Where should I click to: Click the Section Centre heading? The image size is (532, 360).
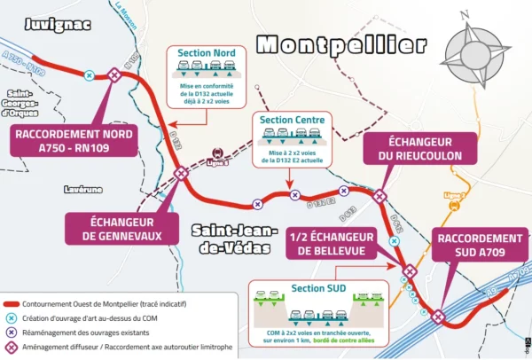291,120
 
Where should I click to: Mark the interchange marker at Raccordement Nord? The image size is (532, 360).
113,76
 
